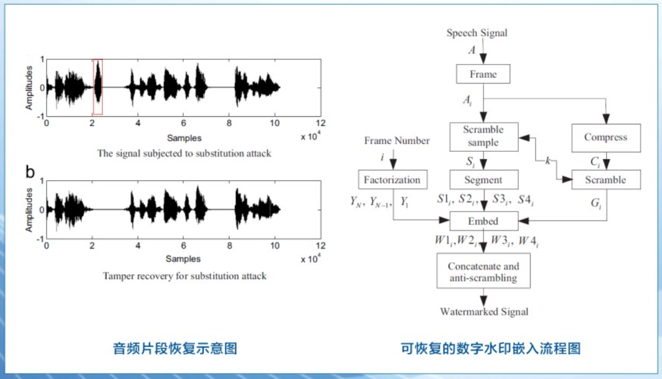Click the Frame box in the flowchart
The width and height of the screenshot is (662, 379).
483,74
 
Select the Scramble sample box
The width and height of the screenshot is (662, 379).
483,136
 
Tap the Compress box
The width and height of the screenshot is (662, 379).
606,138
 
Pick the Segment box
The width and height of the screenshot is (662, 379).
483,180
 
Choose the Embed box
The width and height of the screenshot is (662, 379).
483,221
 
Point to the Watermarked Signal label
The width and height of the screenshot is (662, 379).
484,312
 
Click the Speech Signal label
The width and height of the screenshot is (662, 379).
476,33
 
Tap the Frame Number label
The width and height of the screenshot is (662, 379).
397,141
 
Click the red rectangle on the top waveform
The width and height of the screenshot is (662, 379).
98,87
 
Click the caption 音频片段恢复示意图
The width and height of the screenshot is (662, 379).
175,349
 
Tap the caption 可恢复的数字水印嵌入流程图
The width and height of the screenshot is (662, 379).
491,349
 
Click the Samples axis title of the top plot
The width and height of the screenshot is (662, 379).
184,138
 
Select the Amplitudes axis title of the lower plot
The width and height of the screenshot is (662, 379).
29,209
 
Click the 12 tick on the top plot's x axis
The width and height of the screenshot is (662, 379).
319,124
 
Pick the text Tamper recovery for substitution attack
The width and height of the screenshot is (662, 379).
184,276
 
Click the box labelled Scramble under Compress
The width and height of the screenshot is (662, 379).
606,180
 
